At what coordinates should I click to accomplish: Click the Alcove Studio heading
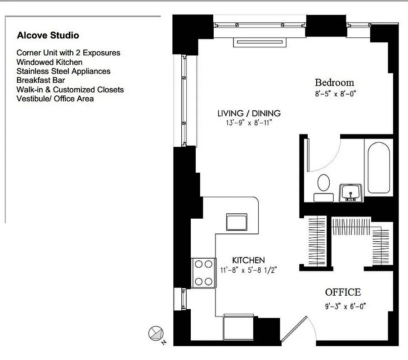pos(48,35)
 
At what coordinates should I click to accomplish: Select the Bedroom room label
pos(334,82)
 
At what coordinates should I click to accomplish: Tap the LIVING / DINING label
pos(249,113)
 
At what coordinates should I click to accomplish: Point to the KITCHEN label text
pos(248,260)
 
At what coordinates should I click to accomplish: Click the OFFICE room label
pos(343,292)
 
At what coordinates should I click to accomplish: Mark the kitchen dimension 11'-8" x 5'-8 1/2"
pos(248,270)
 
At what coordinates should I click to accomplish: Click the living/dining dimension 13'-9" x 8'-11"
pos(249,123)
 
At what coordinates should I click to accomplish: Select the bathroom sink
pos(350,192)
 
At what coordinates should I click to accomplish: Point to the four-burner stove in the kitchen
pos(203,273)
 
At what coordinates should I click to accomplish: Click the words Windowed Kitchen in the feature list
pos(49,62)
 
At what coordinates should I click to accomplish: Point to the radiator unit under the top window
pos(260,42)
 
